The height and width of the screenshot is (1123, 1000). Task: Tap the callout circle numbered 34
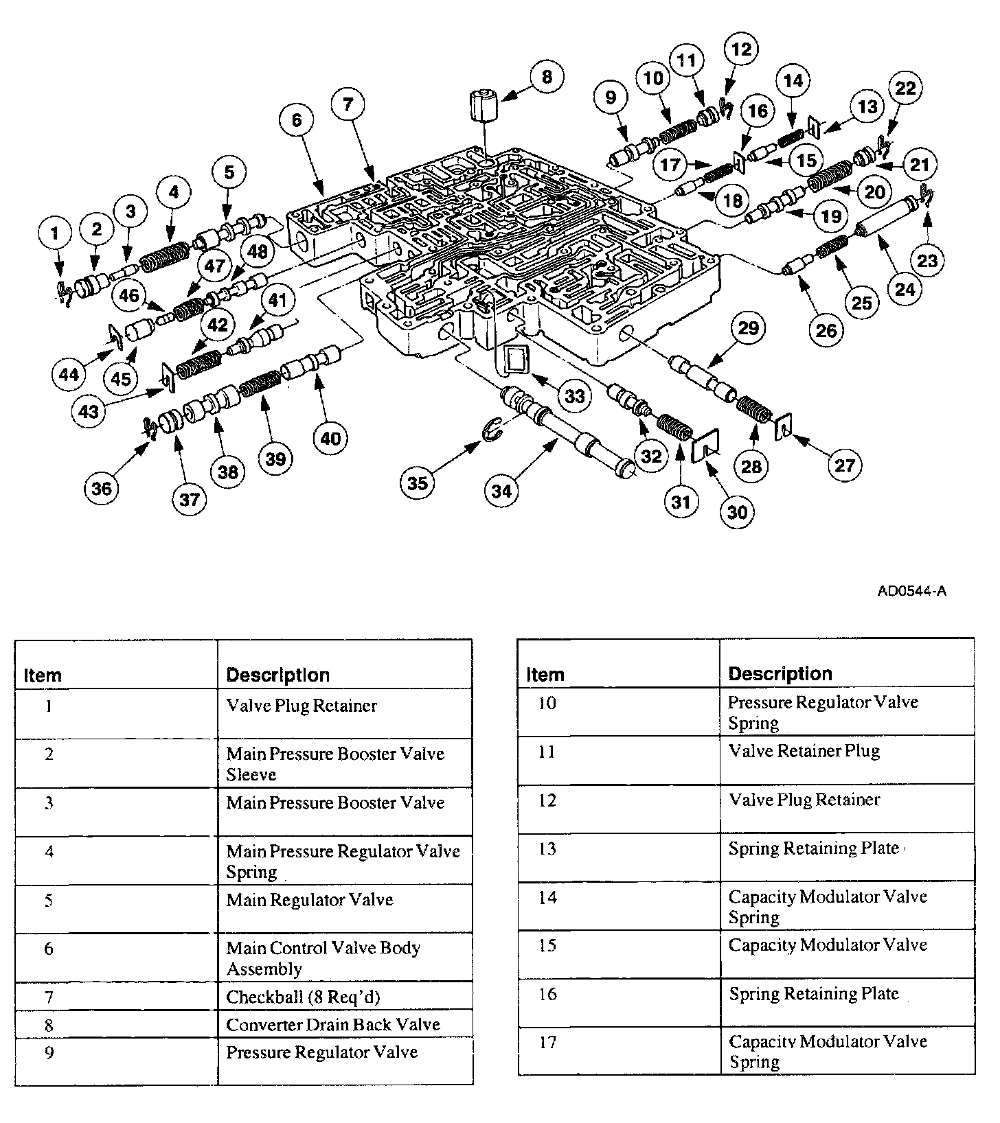(502, 491)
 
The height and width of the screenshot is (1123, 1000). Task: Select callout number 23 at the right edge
(927, 261)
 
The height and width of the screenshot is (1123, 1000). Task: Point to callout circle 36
(101, 488)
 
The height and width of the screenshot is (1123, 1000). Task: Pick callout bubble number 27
(844, 465)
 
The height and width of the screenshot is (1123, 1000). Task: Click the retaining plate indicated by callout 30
(705, 447)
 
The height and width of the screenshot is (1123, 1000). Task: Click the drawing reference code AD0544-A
(911, 591)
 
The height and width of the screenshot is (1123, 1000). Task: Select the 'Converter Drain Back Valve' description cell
(333, 1025)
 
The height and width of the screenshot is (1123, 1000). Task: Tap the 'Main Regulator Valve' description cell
(310, 900)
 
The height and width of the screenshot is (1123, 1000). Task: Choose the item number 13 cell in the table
(547, 849)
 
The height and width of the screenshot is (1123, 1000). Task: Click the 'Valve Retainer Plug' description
(804, 751)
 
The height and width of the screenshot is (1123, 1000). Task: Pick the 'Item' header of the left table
(43, 675)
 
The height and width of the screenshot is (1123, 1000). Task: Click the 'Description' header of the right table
(780, 674)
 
